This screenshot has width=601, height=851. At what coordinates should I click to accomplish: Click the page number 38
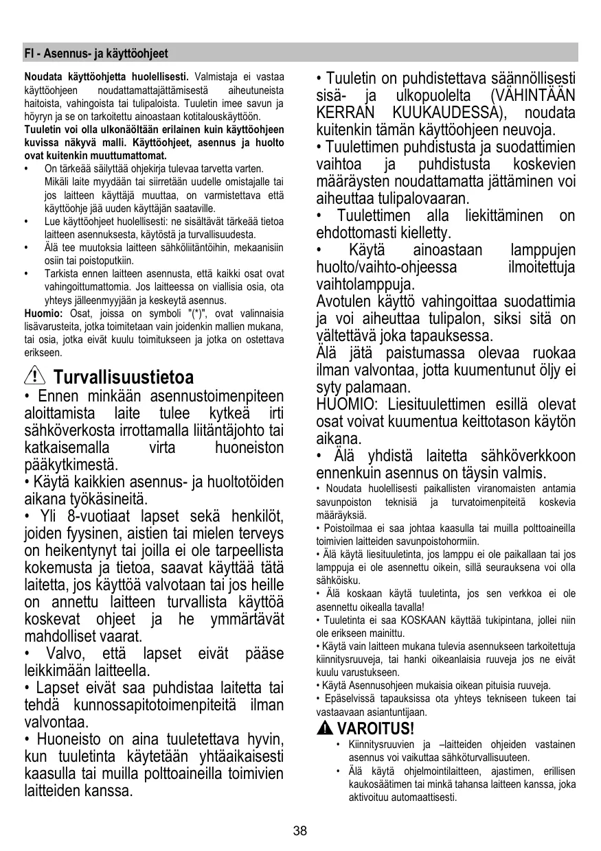[299, 831]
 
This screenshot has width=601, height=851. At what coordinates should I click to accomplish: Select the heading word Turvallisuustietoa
[123, 377]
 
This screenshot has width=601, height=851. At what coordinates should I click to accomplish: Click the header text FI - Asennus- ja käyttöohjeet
[96, 53]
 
